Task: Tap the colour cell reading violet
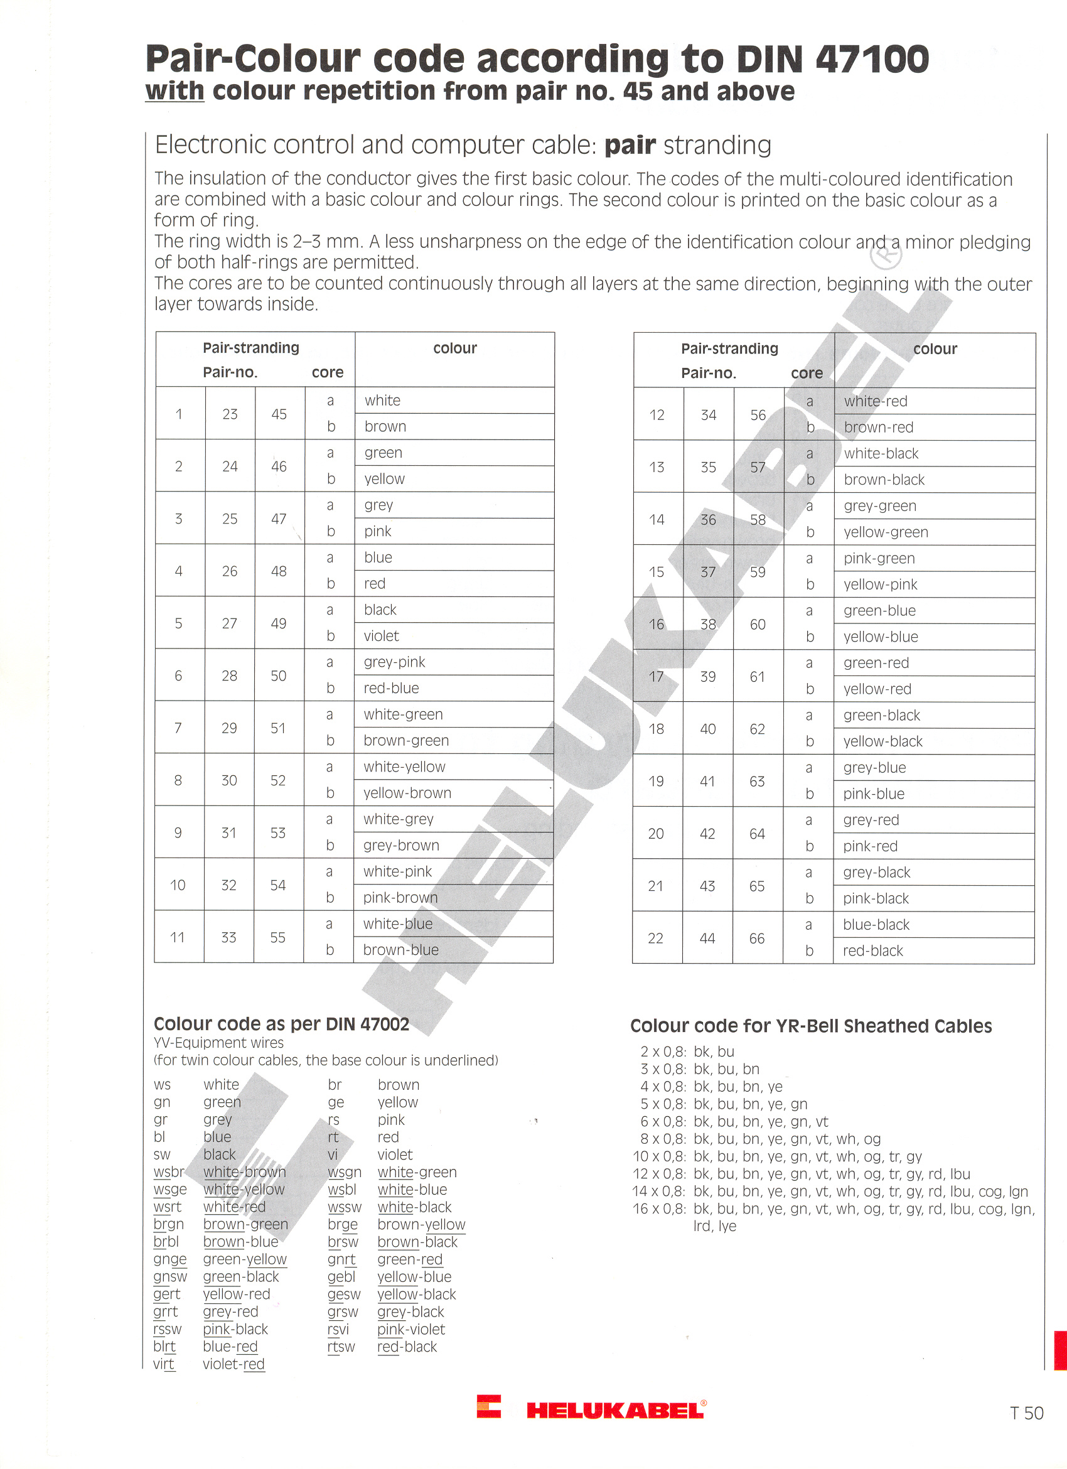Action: click(382, 636)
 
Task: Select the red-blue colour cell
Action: click(391, 689)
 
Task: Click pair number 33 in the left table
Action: click(228, 937)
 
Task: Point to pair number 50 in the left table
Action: click(279, 675)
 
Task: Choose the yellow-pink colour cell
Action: click(880, 585)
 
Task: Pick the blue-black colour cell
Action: click(876, 925)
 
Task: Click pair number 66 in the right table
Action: click(757, 939)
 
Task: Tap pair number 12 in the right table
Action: click(657, 415)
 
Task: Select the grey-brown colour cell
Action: click(401, 845)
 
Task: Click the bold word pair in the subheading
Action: click(630, 145)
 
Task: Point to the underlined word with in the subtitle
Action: click(175, 91)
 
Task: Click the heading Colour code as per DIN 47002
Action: click(282, 1024)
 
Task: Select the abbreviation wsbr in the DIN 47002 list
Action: click(168, 1172)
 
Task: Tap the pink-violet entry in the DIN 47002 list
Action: click(411, 1330)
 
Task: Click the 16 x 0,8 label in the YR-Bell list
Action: click(659, 1208)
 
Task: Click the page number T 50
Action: click(1026, 1413)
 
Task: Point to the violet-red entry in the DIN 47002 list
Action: click(233, 1365)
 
